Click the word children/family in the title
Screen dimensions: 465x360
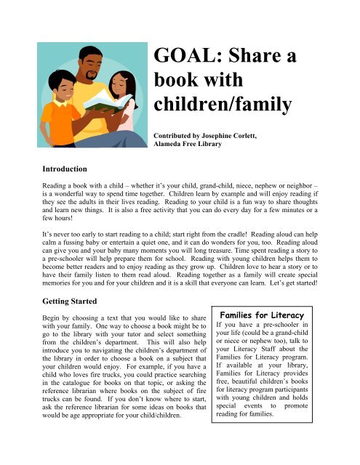[x=223, y=106]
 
